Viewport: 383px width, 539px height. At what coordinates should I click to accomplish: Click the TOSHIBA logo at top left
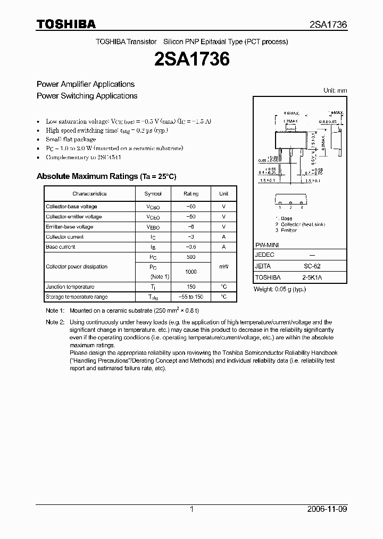66,24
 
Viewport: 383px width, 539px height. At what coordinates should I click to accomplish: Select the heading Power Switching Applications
87,96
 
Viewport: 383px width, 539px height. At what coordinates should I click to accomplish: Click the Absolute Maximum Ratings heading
106,176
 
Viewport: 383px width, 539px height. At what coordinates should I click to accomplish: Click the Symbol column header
153,194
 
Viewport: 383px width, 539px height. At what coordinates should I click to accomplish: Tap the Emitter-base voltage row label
70,227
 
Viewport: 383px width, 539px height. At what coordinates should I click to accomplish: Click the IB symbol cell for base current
153,247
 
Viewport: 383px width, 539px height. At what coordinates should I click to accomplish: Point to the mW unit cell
223,267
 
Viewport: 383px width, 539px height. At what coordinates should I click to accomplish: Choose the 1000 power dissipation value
191,272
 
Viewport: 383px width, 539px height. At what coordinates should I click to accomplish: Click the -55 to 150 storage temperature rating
191,297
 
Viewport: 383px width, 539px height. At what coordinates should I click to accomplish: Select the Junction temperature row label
70,287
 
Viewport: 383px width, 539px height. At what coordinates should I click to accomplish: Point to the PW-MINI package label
267,244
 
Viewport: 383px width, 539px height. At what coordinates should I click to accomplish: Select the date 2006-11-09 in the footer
327,509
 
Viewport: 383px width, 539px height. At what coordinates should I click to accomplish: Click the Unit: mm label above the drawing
335,91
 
